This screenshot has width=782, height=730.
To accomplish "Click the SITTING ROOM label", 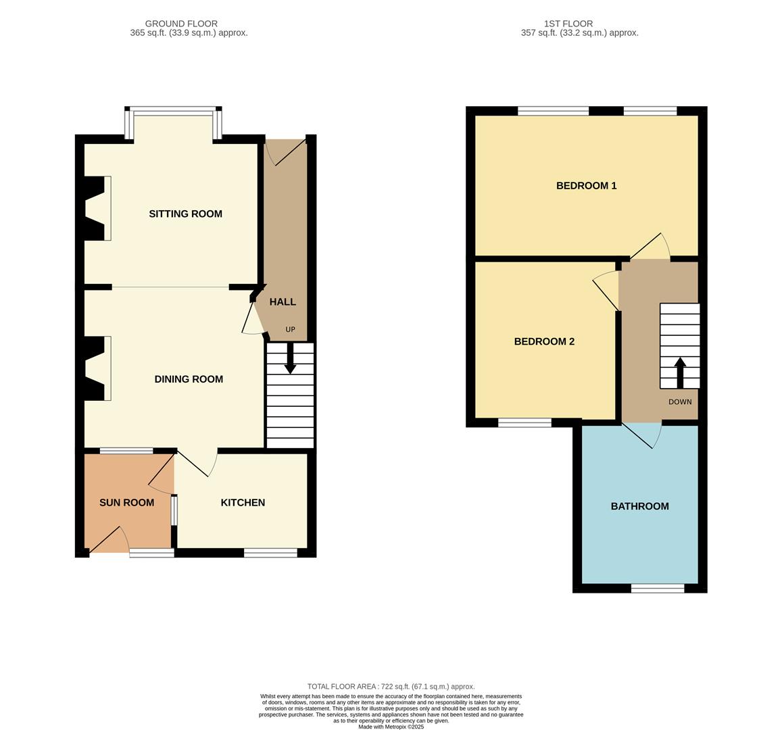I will pos(185,214).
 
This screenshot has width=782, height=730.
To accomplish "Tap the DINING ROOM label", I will pos(189,379).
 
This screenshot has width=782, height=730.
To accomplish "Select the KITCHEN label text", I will pos(243,503).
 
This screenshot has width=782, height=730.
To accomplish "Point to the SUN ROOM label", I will pos(126,503).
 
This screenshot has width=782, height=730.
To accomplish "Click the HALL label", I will pos(283,302).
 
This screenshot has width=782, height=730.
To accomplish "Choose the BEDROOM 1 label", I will pos(586,186).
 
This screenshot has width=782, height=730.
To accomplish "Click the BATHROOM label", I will pos(639,506).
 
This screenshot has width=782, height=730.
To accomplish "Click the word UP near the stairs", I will pos(290,330).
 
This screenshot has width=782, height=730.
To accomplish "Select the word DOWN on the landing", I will pos(680,402).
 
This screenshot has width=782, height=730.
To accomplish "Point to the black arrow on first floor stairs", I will pos(680,372).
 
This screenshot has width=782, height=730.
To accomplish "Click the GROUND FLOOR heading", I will pos(181,24).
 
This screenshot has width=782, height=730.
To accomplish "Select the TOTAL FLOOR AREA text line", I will pos(391,686).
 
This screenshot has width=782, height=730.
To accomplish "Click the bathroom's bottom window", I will pos(658,589).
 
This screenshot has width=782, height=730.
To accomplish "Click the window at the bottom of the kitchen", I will pos(270,553).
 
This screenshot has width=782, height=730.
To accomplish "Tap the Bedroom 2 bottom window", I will pos(524,423).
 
